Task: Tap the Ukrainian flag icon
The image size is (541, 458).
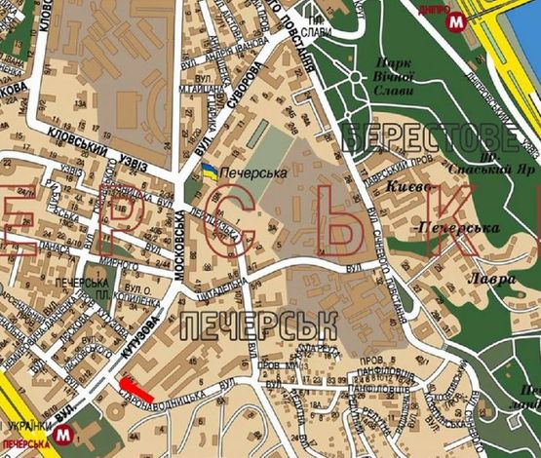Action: [209, 172]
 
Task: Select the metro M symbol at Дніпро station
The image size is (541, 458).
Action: [455, 19]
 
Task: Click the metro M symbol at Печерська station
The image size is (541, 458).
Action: [64, 433]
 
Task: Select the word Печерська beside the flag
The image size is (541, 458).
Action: [251, 172]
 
